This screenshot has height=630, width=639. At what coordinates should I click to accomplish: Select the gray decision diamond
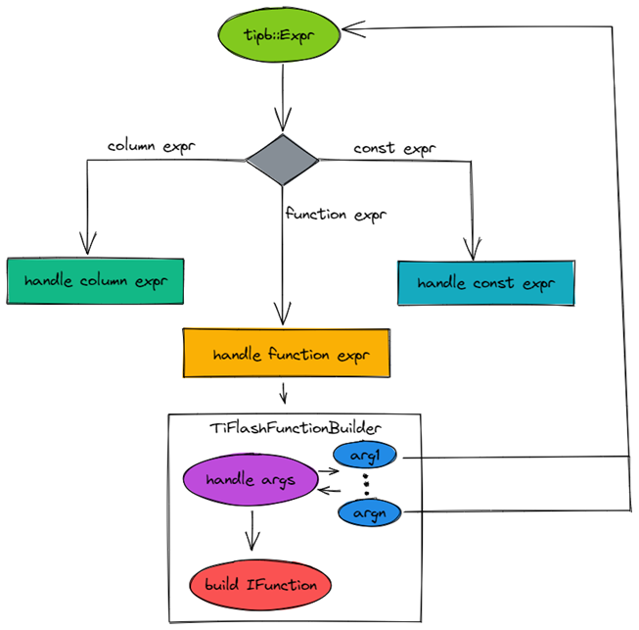click(x=282, y=161)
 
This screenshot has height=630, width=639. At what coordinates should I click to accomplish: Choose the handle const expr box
click(x=484, y=283)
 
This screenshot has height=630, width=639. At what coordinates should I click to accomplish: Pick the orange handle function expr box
click(x=285, y=354)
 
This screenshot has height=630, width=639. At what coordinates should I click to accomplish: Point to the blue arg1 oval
click(x=367, y=456)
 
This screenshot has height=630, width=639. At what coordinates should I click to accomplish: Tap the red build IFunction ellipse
click(x=261, y=585)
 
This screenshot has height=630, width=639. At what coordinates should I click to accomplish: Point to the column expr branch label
click(x=151, y=147)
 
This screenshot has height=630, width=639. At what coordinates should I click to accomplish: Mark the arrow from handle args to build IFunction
click(x=252, y=530)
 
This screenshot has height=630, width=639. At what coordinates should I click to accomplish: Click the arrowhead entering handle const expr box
click(x=473, y=251)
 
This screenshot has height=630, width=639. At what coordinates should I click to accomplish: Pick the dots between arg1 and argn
click(x=367, y=484)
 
